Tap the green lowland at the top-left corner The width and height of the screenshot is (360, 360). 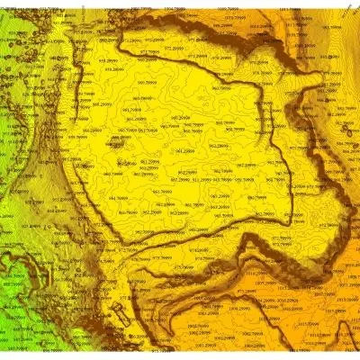[x=13, y=22]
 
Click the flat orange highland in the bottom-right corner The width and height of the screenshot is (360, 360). [x=333, y=333]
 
